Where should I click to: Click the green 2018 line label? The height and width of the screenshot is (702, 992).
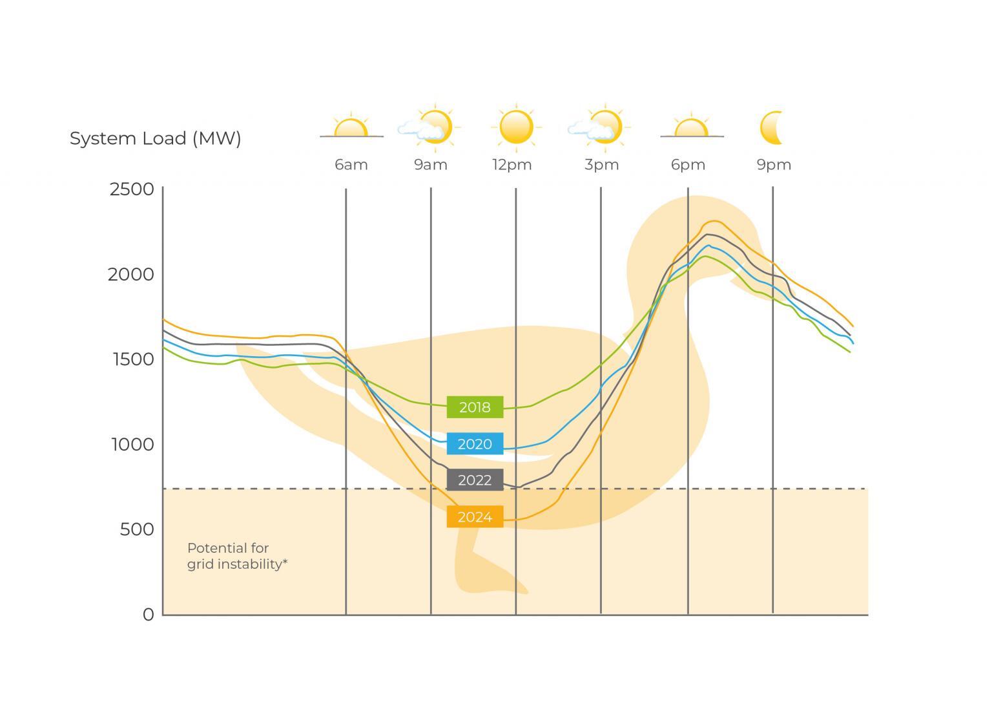pyautogui.click(x=475, y=407)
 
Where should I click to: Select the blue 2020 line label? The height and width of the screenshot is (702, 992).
pyautogui.click(x=475, y=444)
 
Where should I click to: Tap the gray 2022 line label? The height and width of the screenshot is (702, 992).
pyautogui.click(x=475, y=480)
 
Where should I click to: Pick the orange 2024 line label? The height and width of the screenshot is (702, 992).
pyautogui.click(x=475, y=517)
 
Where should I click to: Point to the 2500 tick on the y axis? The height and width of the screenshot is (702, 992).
pyautogui.click(x=132, y=189)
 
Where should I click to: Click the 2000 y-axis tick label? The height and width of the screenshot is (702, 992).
pyautogui.click(x=131, y=274)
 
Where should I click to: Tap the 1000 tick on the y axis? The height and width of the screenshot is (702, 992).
pyautogui.click(x=133, y=444)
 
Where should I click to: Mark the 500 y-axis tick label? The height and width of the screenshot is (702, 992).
pyautogui.click(x=137, y=529)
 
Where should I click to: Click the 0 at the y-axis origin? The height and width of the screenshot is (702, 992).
pyautogui.click(x=149, y=615)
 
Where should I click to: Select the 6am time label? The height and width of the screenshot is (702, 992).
pyautogui.click(x=351, y=165)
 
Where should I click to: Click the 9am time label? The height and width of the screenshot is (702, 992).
pyautogui.click(x=431, y=165)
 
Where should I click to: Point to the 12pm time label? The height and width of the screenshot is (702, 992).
pyautogui.click(x=512, y=165)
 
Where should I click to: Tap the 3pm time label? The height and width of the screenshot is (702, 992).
pyautogui.click(x=602, y=165)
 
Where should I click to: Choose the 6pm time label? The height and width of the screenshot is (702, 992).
pyautogui.click(x=688, y=165)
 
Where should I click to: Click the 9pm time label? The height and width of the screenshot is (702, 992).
pyautogui.click(x=774, y=165)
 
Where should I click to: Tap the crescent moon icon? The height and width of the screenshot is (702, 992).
pyautogui.click(x=772, y=127)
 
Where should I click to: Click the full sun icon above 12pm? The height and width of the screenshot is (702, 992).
pyautogui.click(x=516, y=127)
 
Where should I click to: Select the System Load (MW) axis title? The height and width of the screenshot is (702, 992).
pyautogui.click(x=155, y=138)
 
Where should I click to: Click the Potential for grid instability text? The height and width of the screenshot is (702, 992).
pyautogui.click(x=237, y=556)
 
